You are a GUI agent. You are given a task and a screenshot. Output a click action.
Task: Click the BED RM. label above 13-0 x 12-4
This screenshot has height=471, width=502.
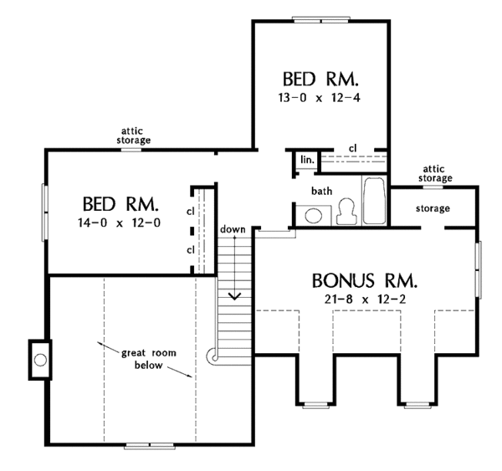(x=320, y=79)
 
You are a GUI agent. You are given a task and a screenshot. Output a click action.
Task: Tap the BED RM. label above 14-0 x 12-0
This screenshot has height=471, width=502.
(x=122, y=204)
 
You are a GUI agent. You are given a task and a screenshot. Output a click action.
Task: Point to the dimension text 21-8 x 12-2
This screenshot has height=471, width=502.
(x=362, y=299)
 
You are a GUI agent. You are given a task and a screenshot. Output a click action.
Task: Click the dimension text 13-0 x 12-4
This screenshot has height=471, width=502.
(x=320, y=98)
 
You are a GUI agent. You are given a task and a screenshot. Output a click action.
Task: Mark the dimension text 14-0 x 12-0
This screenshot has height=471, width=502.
(x=122, y=223)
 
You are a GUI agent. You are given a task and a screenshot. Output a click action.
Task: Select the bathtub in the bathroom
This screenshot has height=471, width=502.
(x=373, y=201)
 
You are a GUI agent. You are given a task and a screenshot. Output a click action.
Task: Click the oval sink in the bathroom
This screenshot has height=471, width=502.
(x=314, y=216)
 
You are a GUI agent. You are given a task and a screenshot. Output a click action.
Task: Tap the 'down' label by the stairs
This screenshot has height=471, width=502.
(x=232, y=229)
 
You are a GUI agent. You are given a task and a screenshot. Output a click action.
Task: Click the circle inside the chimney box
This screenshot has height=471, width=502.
(x=38, y=361)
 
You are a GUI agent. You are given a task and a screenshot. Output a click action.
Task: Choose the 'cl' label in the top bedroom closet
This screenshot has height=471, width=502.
(x=352, y=148)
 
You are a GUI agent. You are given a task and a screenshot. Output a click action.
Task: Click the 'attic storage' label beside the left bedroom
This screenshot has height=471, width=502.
(x=134, y=136)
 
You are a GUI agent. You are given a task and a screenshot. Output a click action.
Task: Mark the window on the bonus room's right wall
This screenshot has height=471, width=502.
(x=478, y=269)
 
